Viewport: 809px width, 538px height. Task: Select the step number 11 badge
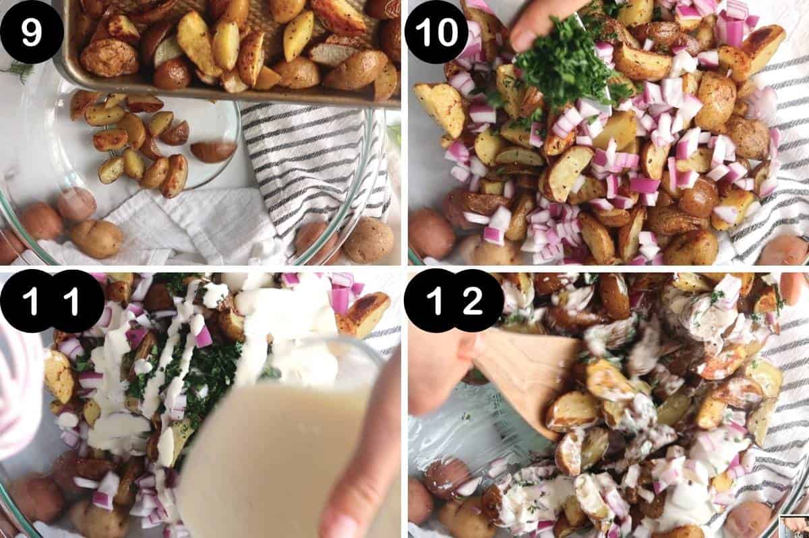click(51, 301)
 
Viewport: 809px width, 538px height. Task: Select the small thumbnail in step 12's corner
click(793, 526)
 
